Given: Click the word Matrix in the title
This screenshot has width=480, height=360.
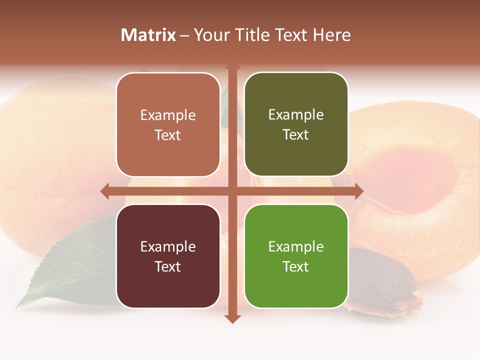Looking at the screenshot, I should coord(148,35).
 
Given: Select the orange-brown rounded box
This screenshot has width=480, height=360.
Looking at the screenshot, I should coord(168,124).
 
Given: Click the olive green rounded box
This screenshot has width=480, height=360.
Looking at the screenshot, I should coord(296,124).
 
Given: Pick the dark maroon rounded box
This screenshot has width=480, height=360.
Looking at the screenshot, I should coord(168,256).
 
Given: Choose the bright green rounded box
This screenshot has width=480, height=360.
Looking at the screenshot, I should coord(296,256).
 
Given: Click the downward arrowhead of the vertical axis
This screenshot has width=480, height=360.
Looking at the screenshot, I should coord(232,319).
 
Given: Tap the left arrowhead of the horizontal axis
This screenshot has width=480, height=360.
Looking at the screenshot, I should coord(104,191).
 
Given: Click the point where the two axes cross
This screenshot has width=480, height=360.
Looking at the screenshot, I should coord(232,191).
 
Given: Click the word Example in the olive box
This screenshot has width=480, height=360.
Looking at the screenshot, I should coord(296,115).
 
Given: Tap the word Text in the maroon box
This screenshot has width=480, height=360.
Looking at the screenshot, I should coord(168,266).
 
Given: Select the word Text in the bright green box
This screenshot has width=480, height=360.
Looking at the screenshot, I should coord(296,266).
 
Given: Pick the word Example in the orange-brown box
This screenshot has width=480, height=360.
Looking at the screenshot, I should coord(168,115).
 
